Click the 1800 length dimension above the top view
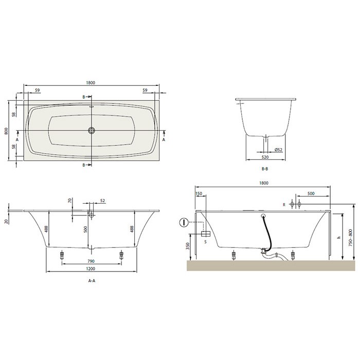(x=91, y=83)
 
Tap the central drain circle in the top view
(x=91, y=131)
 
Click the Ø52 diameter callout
(x=278, y=150)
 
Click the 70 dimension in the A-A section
(x=69, y=200)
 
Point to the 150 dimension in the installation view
(x=199, y=194)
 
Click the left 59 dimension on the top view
(x=38, y=91)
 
